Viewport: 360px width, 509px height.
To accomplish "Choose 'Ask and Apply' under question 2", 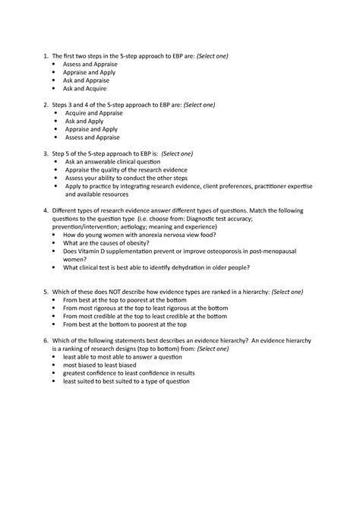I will tap(85, 120).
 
